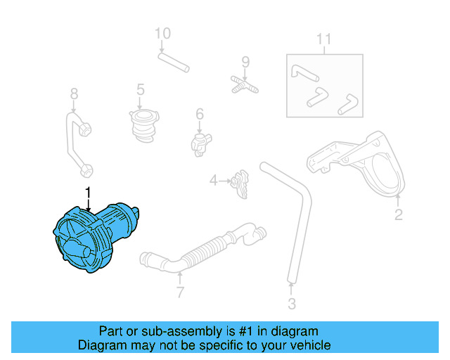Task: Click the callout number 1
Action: [x=89, y=192]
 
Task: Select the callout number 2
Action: [x=398, y=214]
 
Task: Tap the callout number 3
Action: [x=292, y=304]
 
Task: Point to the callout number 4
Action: [x=213, y=181]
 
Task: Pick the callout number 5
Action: [x=141, y=89]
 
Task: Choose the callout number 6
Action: [x=200, y=114]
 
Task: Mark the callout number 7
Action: [x=180, y=292]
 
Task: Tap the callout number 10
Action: [x=162, y=33]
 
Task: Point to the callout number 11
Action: [x=323, y=39]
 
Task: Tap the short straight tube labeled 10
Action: [x=174, y=63]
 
